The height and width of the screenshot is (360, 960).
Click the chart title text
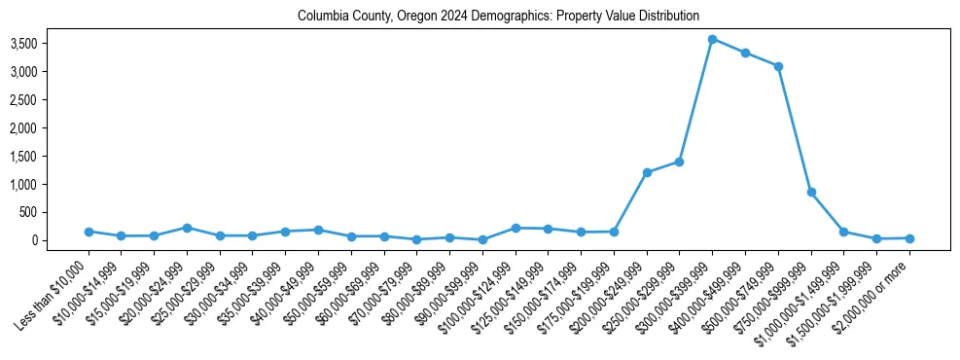pos(498,16)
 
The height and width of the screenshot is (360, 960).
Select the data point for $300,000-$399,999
pos(712,39)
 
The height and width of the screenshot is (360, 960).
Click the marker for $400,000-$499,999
pos(745,53)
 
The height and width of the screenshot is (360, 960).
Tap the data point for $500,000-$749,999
pos(778,66)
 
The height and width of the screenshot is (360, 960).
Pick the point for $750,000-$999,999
pos(811,192)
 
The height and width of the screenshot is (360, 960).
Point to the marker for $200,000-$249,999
pos(647,172)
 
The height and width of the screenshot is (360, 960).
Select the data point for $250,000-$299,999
pos(679,162)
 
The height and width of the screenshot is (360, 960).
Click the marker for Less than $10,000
pos(89,232)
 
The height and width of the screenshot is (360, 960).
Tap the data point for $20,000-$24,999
pos(187,228)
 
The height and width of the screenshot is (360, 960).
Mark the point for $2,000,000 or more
pos(909,238)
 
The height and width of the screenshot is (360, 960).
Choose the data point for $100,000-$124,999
pos(516,228)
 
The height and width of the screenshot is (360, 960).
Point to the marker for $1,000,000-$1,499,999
pos(843,232)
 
